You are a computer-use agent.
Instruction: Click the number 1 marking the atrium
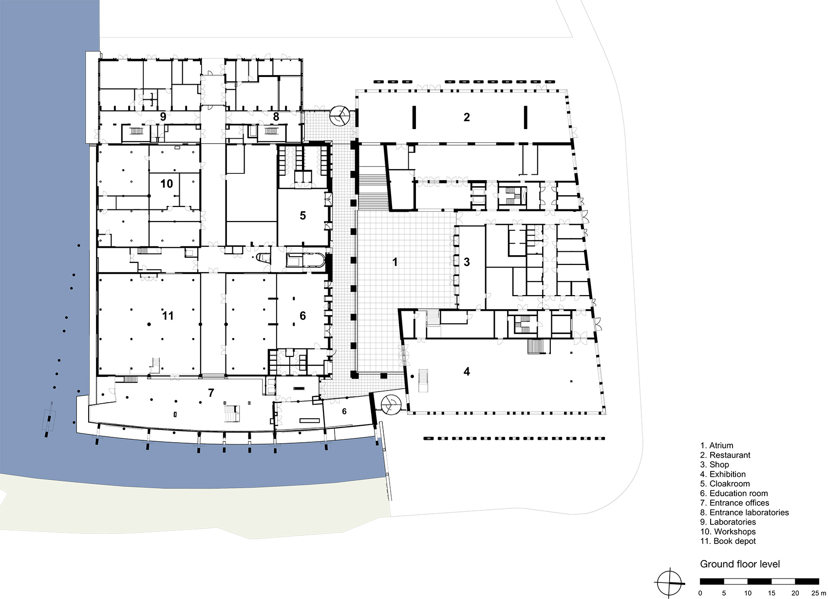click(395, 262)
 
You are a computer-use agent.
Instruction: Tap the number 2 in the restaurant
click(467, 117)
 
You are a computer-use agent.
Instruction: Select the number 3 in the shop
click(467, 262)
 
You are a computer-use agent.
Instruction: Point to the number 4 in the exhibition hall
click(467, 372)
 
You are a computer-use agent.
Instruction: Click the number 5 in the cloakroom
click(303, 215)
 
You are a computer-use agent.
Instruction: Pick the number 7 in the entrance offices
click(211, 393)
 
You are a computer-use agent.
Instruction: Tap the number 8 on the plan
click(276, 117)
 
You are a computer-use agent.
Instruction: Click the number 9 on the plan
click(163, 117)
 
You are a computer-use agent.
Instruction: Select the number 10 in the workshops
click(167, 183)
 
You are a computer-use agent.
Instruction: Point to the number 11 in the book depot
click(168, 315)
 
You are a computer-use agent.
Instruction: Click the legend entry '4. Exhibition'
click(723, 474)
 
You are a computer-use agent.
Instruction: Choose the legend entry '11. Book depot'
click(728, 541)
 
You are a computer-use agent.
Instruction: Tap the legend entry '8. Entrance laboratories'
click(744, 512)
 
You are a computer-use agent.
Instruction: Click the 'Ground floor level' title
click(740, 564)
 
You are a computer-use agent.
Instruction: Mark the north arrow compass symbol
click(669, 583)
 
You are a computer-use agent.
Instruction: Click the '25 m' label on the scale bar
click(818, 593)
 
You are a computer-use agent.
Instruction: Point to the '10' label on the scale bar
click(748, 593)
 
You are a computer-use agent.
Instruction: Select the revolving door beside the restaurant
click(339, 116)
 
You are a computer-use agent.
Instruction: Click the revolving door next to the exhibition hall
click(390, 405)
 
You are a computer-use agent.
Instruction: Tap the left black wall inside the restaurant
click(414, 117)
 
